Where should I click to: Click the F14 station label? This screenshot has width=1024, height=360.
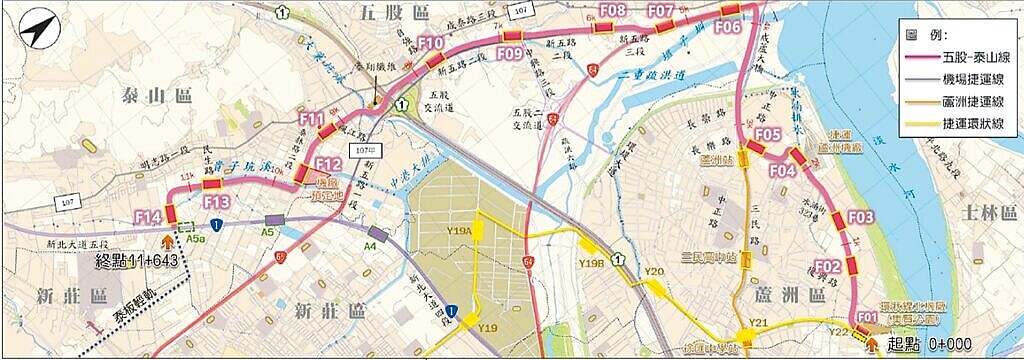[x=147, y=217]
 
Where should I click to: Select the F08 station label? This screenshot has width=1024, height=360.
[x=615, y=11]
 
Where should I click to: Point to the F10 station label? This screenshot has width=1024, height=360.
[x=431, y=43]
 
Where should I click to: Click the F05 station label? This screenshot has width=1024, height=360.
[x=767, y=134]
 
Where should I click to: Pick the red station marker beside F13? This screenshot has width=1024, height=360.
[x=211, y=185]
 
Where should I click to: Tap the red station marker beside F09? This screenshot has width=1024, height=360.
[x=511, y=39]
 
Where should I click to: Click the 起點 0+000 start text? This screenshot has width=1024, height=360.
[x=925, y=343]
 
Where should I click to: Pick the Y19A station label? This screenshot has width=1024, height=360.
[x=458, y=231]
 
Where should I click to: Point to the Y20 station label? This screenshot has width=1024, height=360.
[x=655, y=272]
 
